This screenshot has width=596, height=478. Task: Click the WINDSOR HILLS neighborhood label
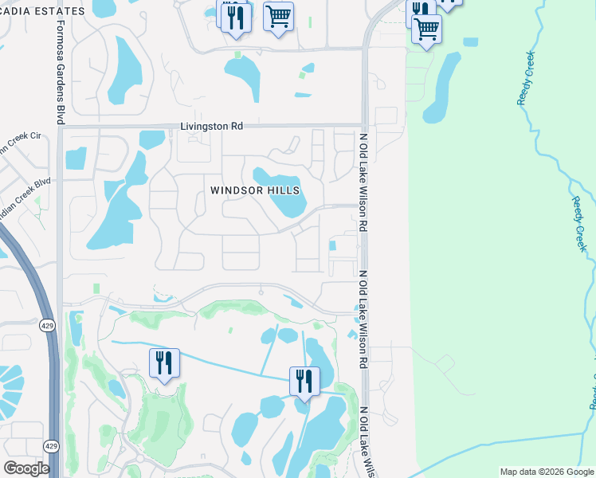click(255, 190)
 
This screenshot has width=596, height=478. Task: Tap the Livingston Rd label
click(211, 126)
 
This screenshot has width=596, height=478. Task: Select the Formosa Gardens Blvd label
click(60, 71)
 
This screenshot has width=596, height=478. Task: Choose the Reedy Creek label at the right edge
click(578, 225)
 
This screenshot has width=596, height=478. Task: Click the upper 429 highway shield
click(47, 324)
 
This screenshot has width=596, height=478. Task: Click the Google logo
click(26, 468)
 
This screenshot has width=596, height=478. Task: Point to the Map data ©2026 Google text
click(546, 472)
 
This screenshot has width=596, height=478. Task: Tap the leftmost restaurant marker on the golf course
click(164, 363)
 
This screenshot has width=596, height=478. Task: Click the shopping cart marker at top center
click(278, 16)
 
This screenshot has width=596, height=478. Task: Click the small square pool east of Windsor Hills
click(332, 245)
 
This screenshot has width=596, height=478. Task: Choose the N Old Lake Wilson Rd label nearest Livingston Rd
click(363, 179)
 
